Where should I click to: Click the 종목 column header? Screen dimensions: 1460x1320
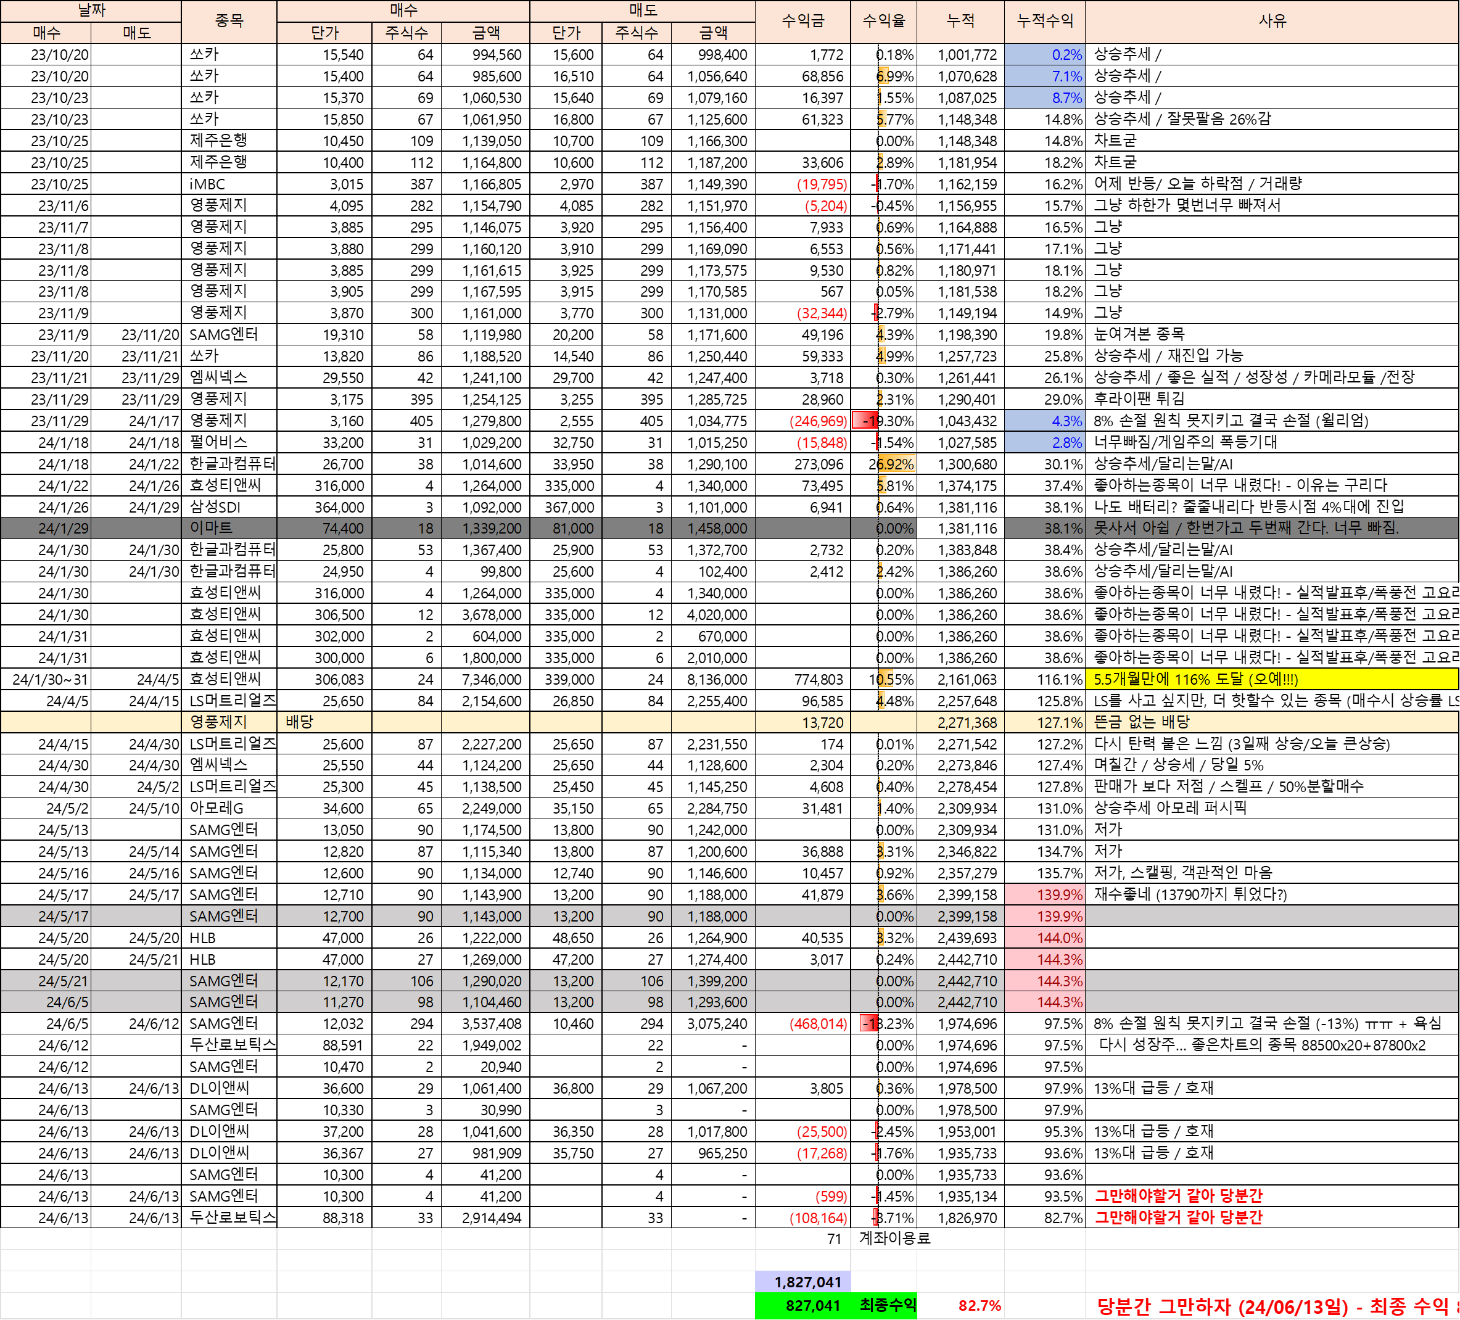click(229, 21)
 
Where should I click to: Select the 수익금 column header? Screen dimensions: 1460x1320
click(802, 21)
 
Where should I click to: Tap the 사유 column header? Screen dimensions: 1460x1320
click(1272, 21)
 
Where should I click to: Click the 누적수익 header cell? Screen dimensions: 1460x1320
click(1044, 21)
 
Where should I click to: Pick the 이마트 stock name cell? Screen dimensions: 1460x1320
click(212, 528)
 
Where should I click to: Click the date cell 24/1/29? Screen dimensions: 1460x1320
click(63, 528)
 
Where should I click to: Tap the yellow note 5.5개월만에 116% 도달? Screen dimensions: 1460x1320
click(1195, 679)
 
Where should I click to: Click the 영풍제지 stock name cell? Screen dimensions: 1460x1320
click(219, 722)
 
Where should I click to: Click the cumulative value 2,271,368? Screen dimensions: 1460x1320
click(966, 722)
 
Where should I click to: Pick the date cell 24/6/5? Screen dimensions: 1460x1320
click(67, 1002)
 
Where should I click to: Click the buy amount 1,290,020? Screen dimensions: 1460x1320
click(491, 981)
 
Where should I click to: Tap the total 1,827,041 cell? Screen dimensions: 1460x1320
click(807, 1282)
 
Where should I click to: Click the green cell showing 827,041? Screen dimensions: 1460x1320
click(812, 1306)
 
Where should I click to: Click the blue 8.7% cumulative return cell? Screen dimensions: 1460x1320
click(1066, 97)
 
